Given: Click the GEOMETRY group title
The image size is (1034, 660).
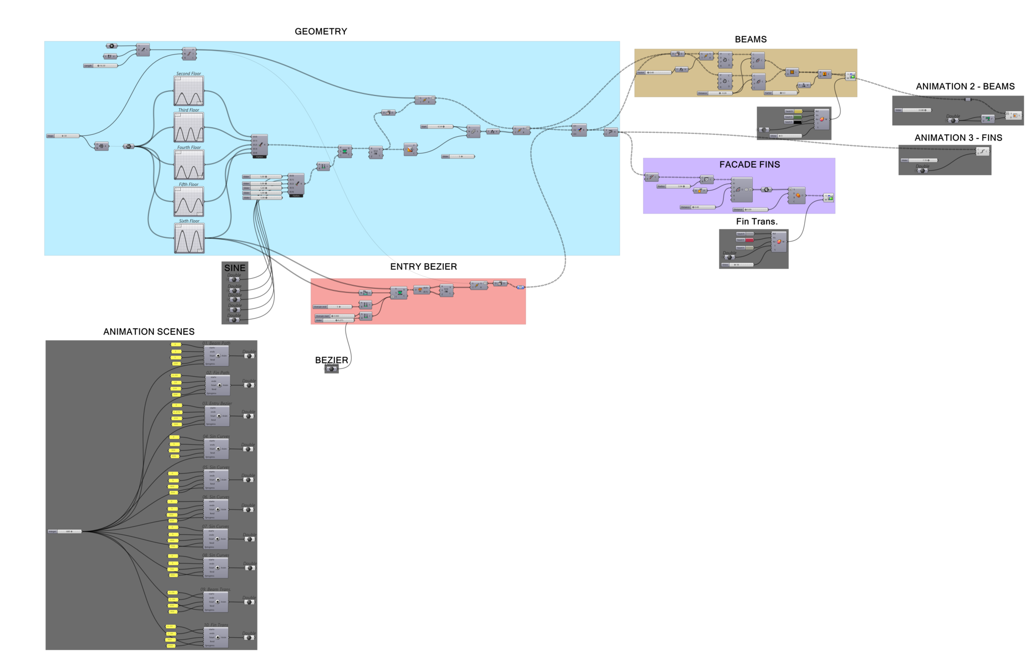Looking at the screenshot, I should pos(321,31).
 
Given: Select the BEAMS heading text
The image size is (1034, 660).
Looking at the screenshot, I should pos(750,39).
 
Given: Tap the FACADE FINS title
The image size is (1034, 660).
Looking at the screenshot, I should pos(749,165).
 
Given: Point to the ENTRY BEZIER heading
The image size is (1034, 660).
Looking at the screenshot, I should pos(423,267).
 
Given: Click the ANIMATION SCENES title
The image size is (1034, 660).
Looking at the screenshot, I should pos(149,332).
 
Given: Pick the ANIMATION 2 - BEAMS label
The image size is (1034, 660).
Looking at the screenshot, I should pos(965,86).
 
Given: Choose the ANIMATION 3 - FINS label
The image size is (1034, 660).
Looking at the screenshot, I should pos(958,138).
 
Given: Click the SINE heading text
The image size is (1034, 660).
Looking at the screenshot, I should pos(235,268).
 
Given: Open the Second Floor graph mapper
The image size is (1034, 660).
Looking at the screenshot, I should pos(189,91).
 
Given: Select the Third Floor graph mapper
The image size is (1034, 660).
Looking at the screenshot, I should pos(189,127).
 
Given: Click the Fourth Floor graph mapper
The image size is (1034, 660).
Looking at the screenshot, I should pos(189,165).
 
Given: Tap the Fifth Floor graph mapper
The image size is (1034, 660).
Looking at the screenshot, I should pos(189,201).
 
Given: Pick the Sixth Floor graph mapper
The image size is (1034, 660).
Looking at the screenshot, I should pos(189,238).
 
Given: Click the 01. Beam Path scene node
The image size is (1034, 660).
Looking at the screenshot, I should pos(216,356).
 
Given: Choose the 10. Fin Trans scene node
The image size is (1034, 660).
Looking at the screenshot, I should pos(216,637).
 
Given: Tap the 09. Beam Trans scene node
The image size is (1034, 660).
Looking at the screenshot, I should pos(216,602).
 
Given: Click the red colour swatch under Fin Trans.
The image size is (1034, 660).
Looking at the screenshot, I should pos(749,240).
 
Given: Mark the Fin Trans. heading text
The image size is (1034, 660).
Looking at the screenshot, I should pos(756,222).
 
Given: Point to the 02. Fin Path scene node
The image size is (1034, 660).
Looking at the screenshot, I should pos(218,385).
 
